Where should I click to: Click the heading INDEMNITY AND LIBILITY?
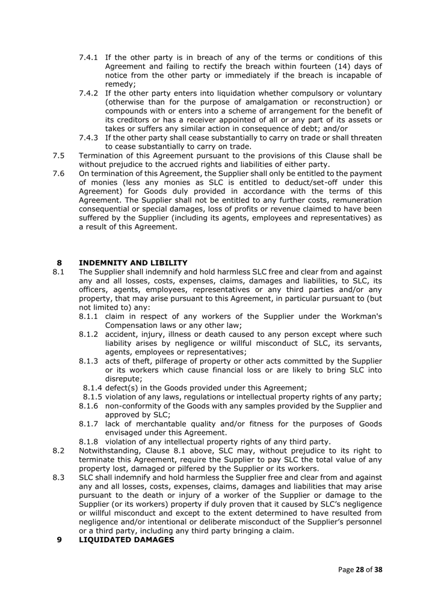pos(133,262)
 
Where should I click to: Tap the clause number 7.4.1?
pos(90,58)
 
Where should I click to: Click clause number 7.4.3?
pos(90,138)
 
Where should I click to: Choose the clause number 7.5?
pos(58,156)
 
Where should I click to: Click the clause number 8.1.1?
pos(90,316)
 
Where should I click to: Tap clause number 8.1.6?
pos(90,405)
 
